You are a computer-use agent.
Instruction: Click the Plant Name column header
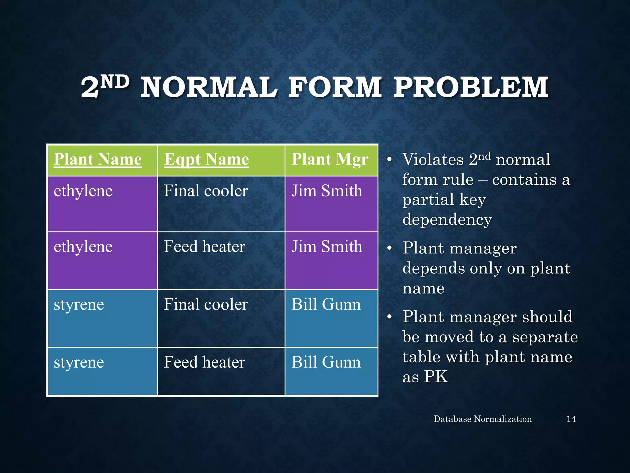coord(98,160)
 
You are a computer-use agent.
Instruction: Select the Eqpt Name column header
coord(206,160)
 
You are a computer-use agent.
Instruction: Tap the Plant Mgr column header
coord(330,160)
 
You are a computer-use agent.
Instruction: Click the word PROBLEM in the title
coord(471,87)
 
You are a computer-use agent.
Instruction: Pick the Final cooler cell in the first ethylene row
coord(205,191)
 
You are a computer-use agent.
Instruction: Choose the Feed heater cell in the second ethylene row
coord(204,247)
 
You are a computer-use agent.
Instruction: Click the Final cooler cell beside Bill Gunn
coord(205,305)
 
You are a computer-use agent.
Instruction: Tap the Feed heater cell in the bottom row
coord(204,362)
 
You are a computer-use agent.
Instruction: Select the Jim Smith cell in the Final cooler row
coord(327,191)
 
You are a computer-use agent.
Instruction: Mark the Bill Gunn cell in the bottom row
coord(326,362)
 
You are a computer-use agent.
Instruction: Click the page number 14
coord(571,419)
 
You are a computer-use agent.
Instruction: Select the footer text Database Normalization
coord(482,419)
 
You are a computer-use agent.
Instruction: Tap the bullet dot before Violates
coord(389,160)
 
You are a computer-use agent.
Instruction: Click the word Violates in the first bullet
coord(433,160)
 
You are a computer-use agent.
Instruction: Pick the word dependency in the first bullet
coord(447,220)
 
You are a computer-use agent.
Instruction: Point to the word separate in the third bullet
coord(545,337)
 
